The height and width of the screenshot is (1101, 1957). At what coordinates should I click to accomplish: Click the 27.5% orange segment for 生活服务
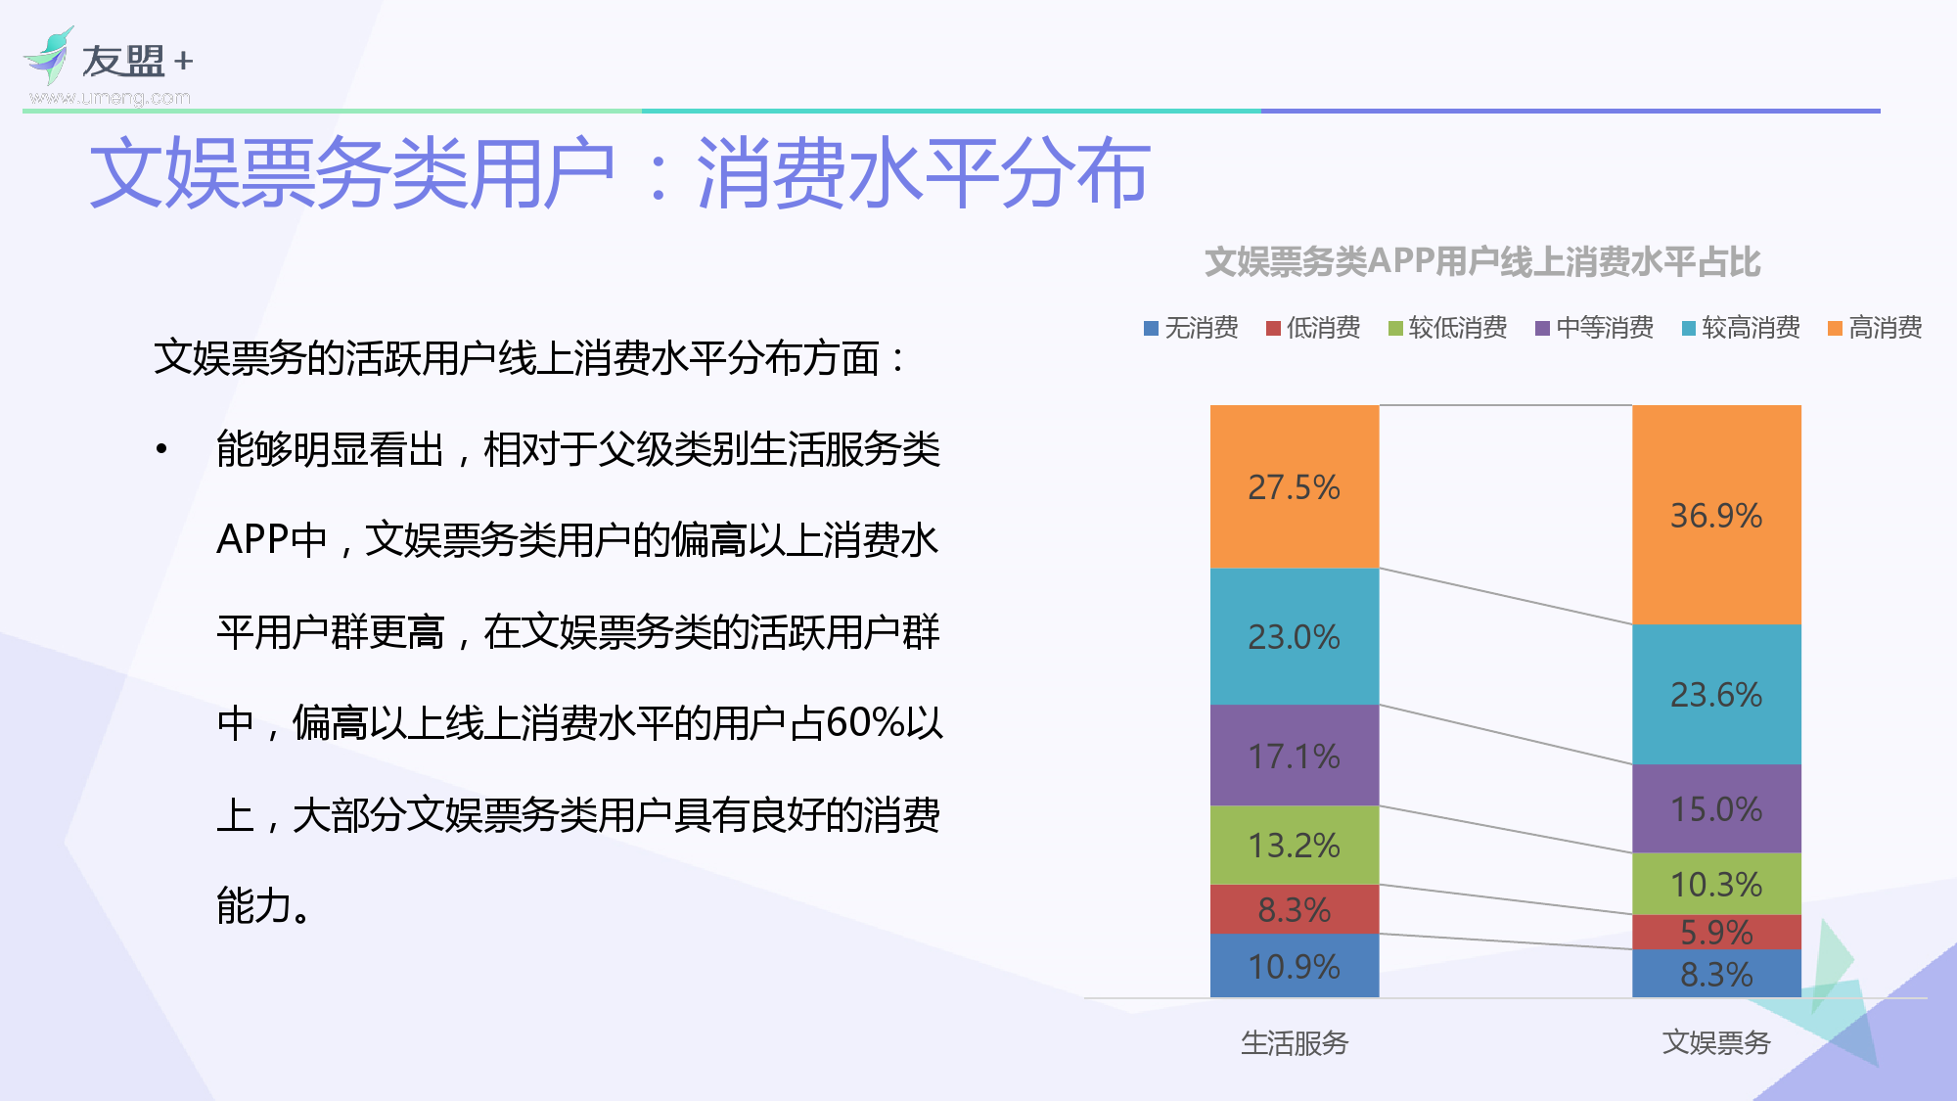click(1294, 486)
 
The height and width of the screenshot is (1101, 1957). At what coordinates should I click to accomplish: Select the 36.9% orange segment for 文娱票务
click(1715, 515)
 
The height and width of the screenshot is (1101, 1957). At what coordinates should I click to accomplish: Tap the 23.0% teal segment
click(1294, 636)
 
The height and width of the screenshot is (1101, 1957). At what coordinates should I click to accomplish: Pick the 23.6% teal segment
click(1715, 694)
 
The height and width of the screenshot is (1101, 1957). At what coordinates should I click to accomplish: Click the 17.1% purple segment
click(1294, 756)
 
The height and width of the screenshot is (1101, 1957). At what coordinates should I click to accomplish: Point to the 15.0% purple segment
click(1715, 808)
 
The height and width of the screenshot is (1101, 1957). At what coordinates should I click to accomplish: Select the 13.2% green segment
click(1294, 845)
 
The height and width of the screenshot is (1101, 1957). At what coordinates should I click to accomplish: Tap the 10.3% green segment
click(1715, 884)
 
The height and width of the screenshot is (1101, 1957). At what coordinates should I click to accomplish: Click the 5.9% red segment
click(1715, 932)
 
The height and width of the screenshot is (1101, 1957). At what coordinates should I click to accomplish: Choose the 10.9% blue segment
click(1294, 966)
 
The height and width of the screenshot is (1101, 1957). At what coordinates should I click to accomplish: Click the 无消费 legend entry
click(1191, 328)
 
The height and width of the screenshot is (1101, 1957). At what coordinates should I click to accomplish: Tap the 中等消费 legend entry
click(1594, 328)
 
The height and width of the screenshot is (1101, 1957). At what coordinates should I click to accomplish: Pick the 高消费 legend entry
click(1875, 328)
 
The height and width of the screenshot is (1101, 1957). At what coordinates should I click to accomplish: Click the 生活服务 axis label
click(1294, 1043)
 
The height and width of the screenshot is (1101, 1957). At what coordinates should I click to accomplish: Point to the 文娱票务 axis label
click(1715, 1043)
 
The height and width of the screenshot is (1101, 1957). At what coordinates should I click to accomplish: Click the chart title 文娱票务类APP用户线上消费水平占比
click(1481, 262)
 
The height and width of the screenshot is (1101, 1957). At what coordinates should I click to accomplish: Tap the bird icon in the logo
click(50, 57)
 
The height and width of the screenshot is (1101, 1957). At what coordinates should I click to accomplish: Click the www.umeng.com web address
click(110, 98)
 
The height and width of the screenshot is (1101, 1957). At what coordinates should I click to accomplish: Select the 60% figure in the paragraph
click(864, 723)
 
